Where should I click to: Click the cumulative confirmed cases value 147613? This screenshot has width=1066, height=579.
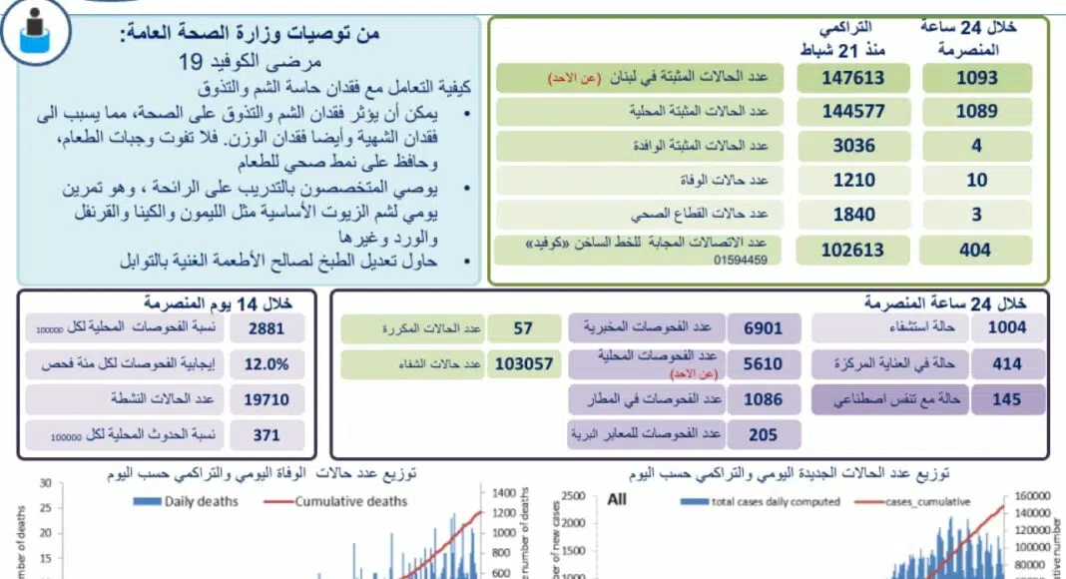[852, 79]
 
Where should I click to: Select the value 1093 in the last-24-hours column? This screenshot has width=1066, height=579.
[975, 79]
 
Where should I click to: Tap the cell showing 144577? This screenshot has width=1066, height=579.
[852, 113]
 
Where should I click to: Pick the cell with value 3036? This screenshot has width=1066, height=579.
[852, 146]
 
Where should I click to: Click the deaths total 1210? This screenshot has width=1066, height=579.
[852, 181]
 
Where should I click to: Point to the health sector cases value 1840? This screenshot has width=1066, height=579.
[852, 215]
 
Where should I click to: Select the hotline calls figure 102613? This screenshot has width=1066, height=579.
[852, 251]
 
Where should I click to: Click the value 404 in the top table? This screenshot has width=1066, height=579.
[975, 251]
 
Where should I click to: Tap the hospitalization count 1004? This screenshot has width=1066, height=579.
[1005, 327]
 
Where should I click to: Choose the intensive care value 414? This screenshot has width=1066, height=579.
[1005, 364]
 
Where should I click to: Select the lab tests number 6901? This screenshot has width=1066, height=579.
[764, 327]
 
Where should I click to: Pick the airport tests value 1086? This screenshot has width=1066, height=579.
[764, 400]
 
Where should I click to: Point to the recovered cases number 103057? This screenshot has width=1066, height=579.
[523, 364]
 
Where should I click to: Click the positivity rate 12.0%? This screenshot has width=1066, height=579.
[266, 364]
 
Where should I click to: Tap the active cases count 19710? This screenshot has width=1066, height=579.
[266, 400]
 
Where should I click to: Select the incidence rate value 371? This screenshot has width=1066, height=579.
[266, 436]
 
